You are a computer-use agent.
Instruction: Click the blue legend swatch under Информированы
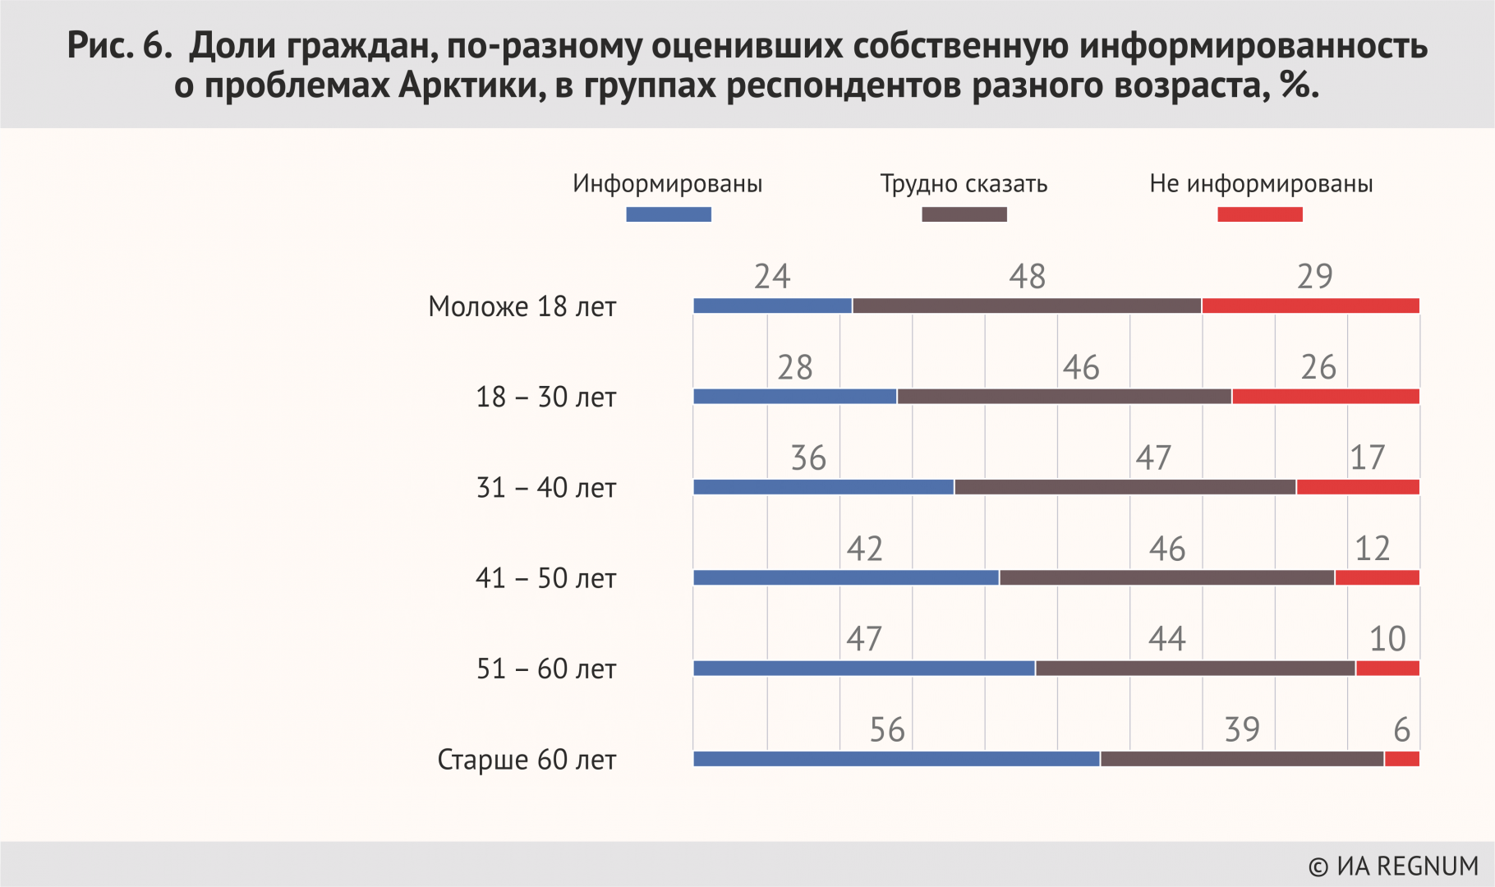[x=669, y=214]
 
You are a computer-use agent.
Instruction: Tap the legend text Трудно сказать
[x=964, y=183]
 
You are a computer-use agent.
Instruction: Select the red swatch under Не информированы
[x=1259, y=214]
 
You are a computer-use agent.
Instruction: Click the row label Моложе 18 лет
[x=522, y=306]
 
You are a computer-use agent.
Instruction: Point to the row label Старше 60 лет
[x=527, y=760]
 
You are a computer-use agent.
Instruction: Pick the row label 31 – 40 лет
[x=546, y=488]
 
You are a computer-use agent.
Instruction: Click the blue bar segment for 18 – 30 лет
[x=794, y=397]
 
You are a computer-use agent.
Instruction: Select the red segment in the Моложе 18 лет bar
[x=1310, y=306]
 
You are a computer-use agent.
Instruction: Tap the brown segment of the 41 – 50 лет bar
[x=1166, y=578]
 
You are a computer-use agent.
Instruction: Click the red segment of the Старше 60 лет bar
[x=1401, y=760]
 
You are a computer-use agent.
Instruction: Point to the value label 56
[x=887, y=730]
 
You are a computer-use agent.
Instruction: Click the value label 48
[x=1027, y=277]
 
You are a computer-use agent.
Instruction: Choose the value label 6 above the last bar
[x=1401, y=730]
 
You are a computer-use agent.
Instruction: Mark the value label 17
[x=1367, y=458]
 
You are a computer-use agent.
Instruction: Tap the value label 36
[x=808, y=458]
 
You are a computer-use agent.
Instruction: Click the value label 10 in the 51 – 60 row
[x=1387, y=639]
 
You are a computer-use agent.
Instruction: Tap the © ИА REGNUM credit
[x=1392, y=866]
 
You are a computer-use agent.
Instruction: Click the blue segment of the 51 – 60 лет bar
[x=863, y=669]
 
